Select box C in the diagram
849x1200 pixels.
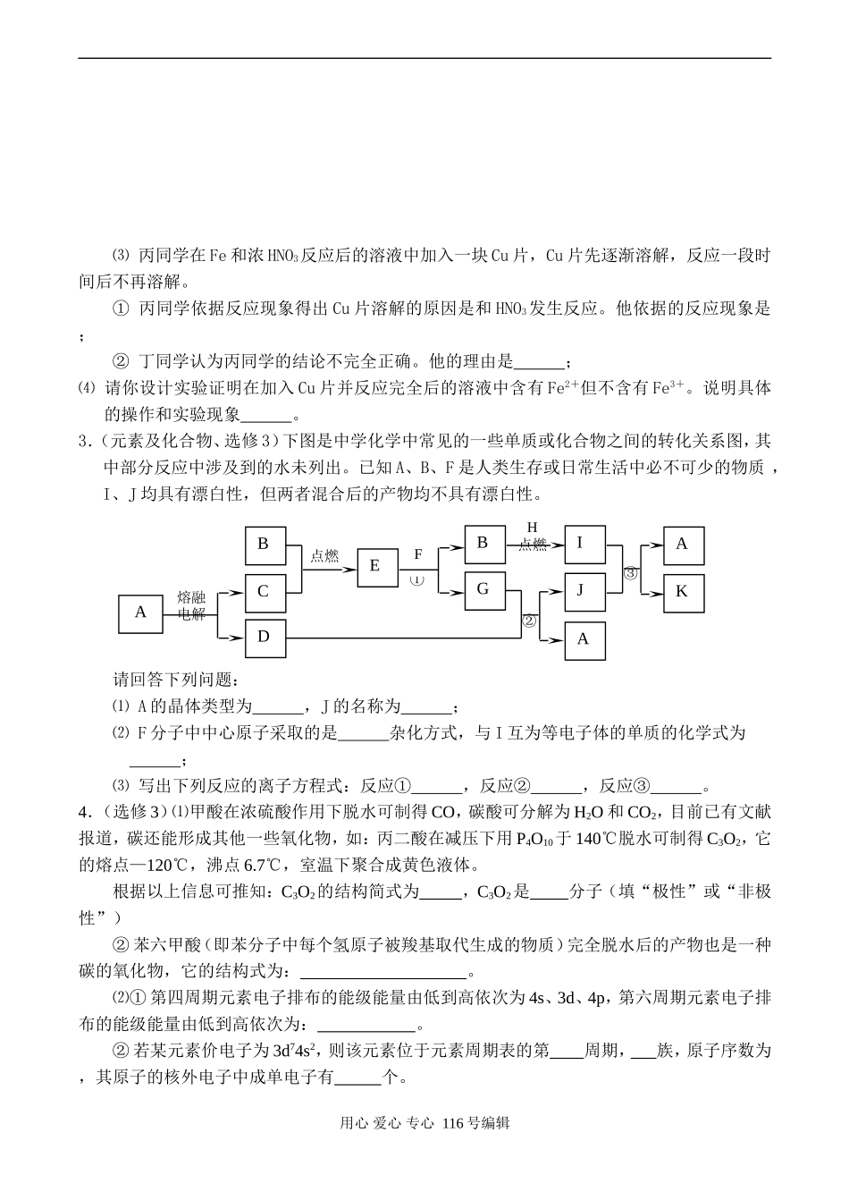(264, 591)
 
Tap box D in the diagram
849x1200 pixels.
(264, 637)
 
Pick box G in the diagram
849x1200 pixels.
(483, 588)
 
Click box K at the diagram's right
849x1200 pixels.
(683, 592)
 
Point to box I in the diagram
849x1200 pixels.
(584, 543)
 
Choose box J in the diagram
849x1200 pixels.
(584, 589)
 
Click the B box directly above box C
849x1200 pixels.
(264, 544)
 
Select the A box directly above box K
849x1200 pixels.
(683, 544)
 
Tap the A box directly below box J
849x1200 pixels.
(584, 638)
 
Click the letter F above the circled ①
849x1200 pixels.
(417, 554)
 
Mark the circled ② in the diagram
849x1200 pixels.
(528, 620)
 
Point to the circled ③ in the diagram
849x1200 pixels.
(630, 573)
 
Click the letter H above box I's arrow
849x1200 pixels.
(533, 528)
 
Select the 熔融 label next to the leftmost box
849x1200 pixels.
(192, 597)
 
